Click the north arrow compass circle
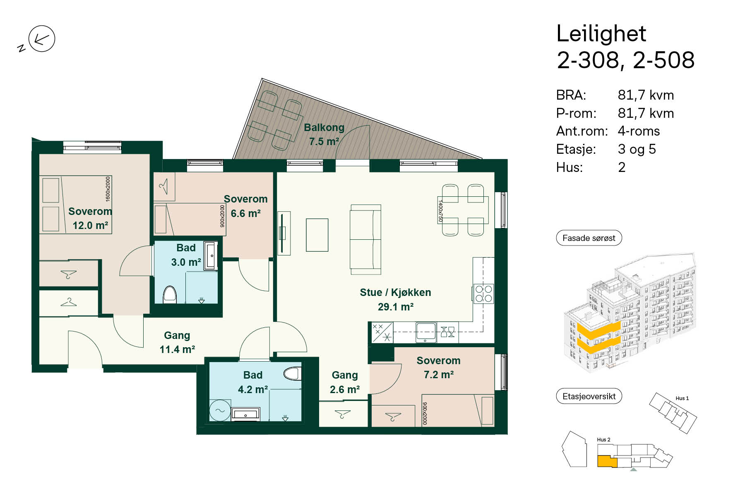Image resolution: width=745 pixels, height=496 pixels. [42, 39]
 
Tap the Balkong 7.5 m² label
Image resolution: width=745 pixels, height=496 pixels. [324, 134]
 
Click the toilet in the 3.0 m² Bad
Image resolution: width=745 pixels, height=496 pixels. [170, 294]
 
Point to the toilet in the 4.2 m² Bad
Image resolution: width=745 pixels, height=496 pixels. [292, 373]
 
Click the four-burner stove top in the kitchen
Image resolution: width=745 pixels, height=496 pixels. [483, 293]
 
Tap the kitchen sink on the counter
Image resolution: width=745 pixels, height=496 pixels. [425, 332]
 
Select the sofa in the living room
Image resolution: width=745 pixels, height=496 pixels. [365, 239]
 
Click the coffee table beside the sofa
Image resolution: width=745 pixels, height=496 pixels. [317, 235]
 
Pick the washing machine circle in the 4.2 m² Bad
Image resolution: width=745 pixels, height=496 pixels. [220, 410]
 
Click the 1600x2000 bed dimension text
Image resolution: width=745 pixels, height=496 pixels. [108, 189]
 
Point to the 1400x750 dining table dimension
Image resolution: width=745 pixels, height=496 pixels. [440, 211]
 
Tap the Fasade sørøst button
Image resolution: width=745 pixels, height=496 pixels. [589, 238]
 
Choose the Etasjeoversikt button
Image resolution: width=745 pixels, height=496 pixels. [589, 396]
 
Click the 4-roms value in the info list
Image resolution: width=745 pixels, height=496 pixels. [639, 131]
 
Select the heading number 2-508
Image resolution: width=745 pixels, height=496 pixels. [663, 60]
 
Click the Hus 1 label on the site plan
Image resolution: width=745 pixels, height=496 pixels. [682, 398]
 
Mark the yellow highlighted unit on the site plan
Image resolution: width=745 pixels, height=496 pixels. [606, 461]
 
